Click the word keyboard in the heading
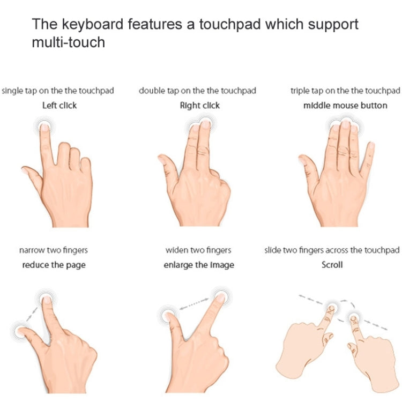tap(93, 25)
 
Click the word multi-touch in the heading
tap(69, 42)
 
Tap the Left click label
tap(59, 106)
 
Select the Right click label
tap(200, 106)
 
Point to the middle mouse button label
tap(345, 106)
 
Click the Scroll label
tap(332, 265)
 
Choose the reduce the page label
tap(54, 265)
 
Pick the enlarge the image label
tap(199, 265)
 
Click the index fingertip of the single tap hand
tap(44, 128)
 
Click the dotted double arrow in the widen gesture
tap(194, 303)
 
